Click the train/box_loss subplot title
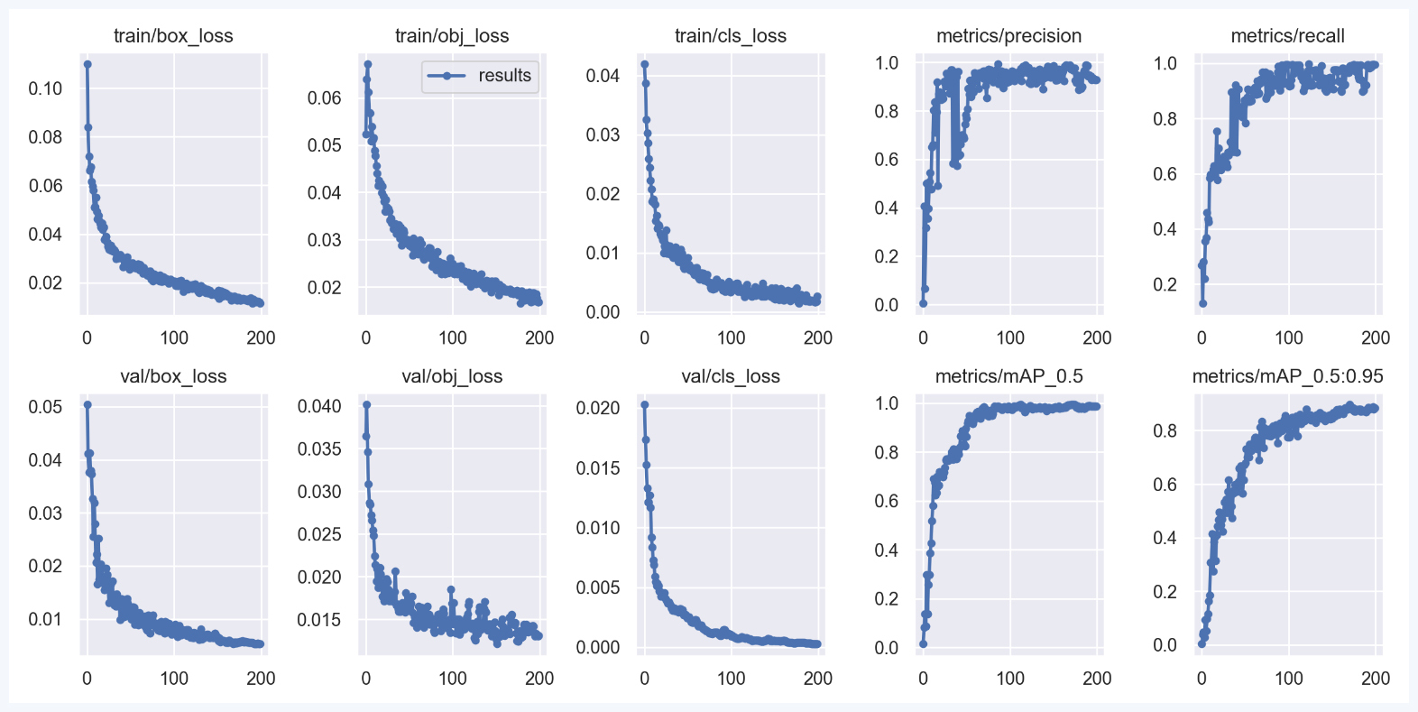173,36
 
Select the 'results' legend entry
504,76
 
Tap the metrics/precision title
1008,36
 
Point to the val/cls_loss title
731,376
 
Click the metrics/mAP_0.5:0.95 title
1287,376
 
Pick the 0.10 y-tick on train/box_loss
45,88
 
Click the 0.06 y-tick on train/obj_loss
324,97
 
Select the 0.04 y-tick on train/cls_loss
603,76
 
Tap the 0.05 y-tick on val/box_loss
45,407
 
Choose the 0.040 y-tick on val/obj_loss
319,406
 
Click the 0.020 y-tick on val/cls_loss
598,408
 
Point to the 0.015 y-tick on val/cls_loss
598,468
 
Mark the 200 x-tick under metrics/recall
1376,338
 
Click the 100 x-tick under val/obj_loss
452,679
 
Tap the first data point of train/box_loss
87,64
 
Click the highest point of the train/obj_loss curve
368,64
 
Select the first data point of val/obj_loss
366,404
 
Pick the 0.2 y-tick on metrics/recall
1165,284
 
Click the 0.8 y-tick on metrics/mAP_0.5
887,452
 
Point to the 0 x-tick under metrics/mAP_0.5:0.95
1202,679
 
